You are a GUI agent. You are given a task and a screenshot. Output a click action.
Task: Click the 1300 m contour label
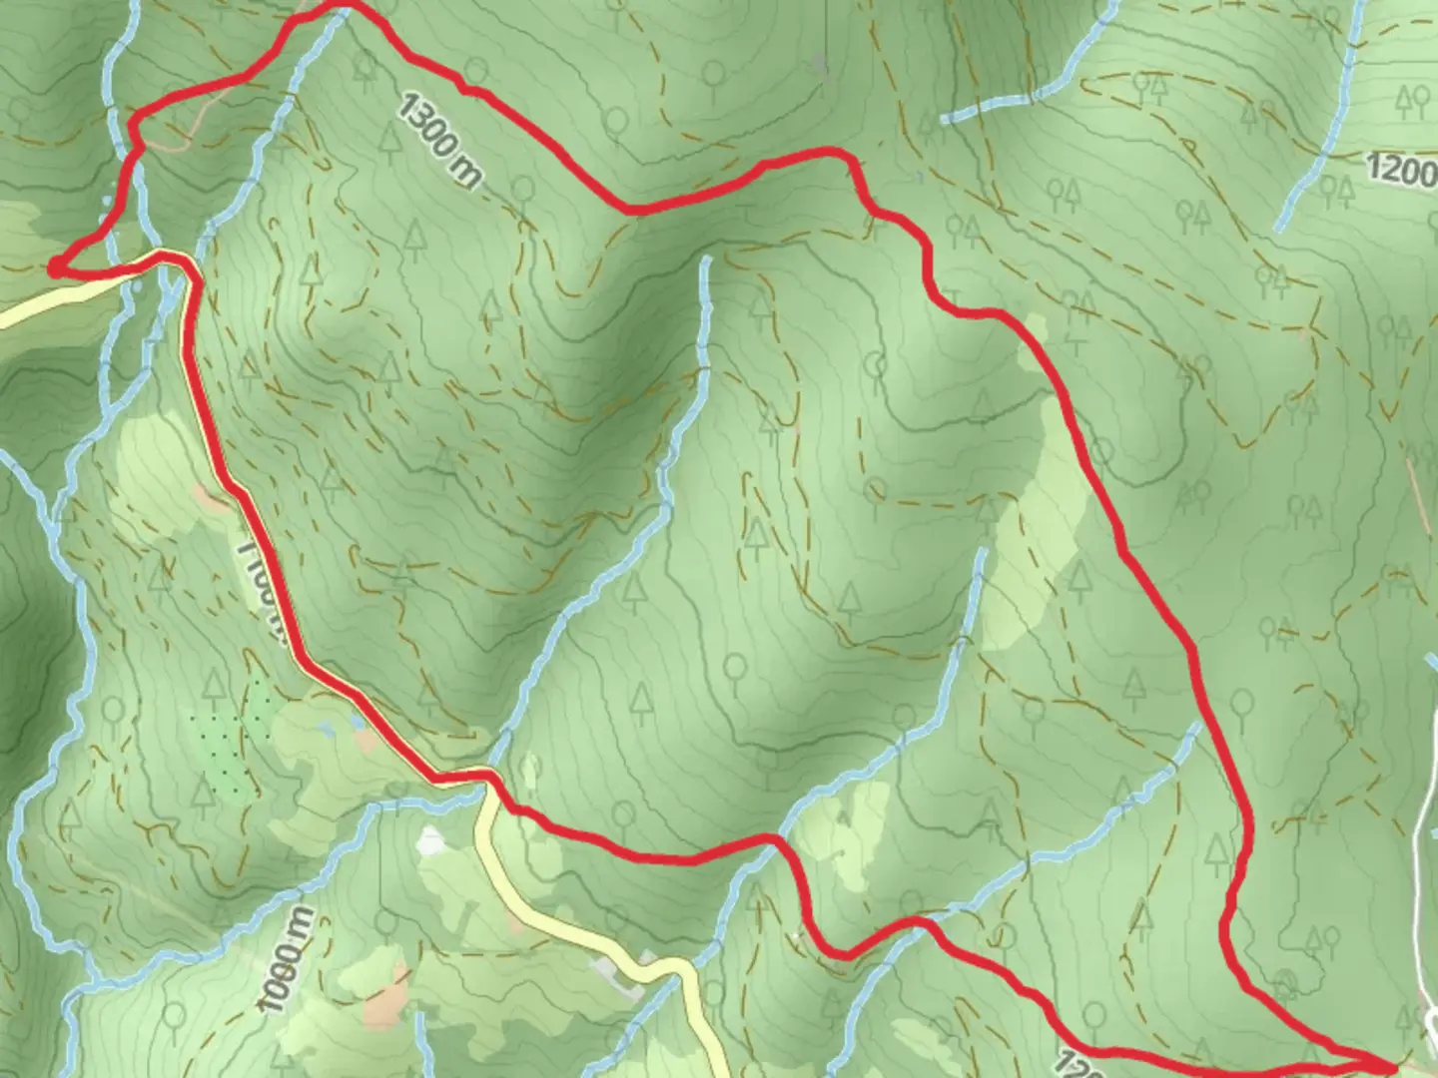439,140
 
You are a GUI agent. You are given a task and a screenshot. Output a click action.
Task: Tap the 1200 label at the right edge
1400,170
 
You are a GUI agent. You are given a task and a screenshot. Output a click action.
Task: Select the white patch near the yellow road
430,841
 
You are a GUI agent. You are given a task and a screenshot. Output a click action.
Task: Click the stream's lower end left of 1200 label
1282,228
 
